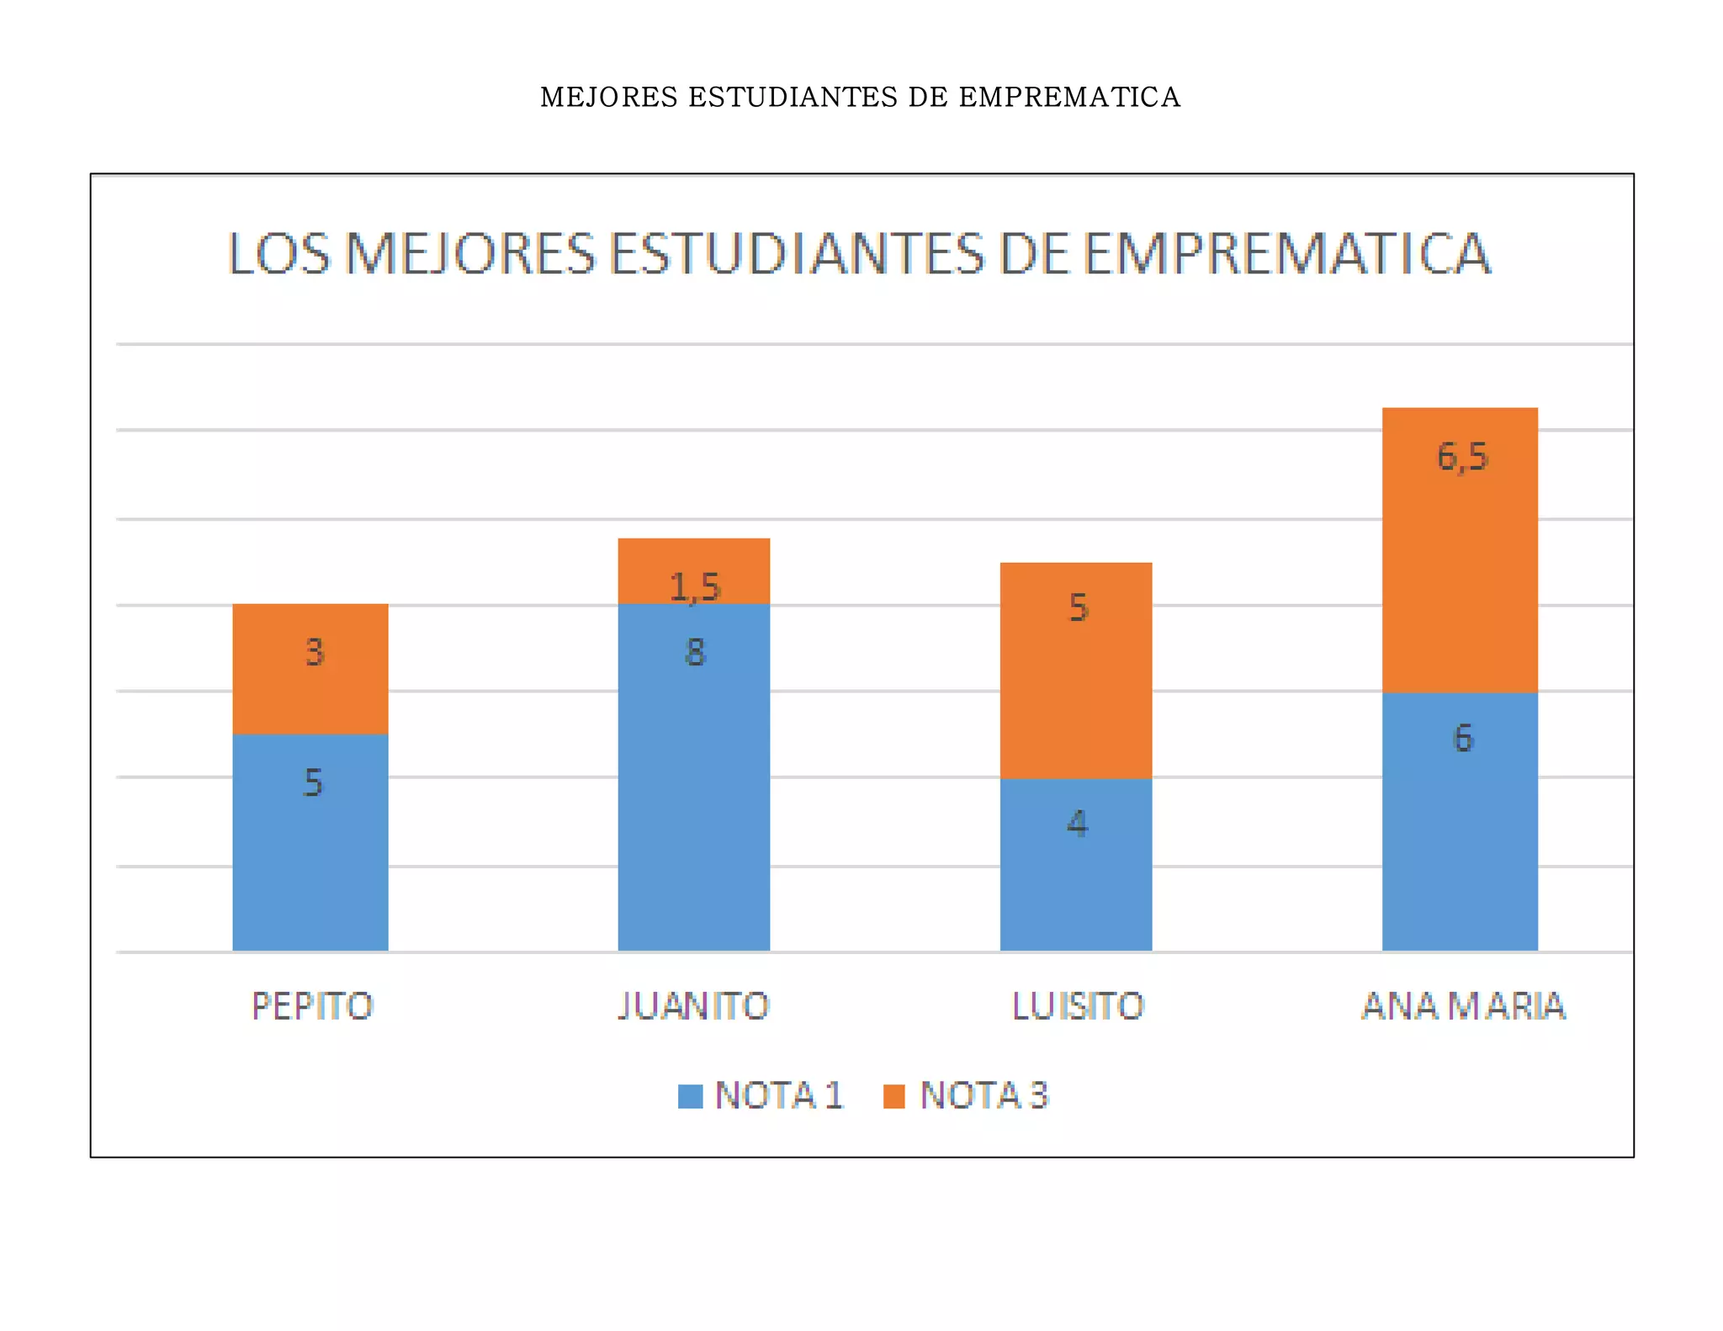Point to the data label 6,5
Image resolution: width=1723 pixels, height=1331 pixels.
click(1462, 457)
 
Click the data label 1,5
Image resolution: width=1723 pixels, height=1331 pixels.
click(695, 587)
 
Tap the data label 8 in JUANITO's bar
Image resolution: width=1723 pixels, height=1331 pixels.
click(695, 652)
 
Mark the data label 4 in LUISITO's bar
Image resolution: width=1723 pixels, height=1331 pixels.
click(1077, 823)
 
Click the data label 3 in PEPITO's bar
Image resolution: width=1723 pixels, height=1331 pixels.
click(314, 652)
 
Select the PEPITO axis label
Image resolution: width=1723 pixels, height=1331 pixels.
click(312, 1006)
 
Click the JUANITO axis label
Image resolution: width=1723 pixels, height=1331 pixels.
click(693, 1006)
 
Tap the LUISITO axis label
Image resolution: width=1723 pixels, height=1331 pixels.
click(1077, 1006)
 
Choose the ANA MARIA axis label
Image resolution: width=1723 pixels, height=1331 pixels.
click(1463, 1006)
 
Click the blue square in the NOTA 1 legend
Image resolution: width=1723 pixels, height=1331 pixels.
click(690, 1096)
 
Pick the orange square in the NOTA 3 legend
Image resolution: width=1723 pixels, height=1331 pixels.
click(894, 1096)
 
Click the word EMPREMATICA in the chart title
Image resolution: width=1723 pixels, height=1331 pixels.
click(1287, 253)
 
